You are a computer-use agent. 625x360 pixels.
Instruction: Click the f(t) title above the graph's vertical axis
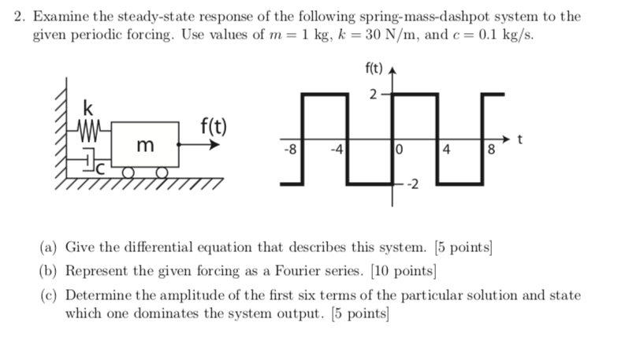click(374, 69)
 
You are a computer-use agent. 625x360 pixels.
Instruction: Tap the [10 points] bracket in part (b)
click(400, 272)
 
